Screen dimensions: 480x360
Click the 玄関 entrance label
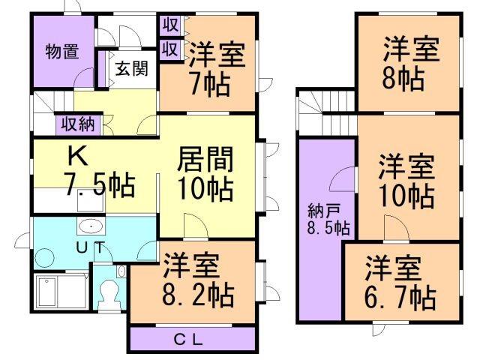coord(132,68)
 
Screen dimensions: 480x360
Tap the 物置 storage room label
coord(62,52)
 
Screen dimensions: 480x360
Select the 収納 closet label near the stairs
coord(78,124)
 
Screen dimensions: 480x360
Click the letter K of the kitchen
coord(77,155)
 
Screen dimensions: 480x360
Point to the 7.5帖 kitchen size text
coord(100,184)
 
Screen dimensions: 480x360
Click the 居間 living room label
coord(205,159)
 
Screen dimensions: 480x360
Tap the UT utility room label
coord(91,247)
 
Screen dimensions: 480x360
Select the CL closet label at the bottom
coord(188,339)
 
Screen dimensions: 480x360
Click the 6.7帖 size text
coord(400,297)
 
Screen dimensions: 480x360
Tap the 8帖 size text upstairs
coord(403,79)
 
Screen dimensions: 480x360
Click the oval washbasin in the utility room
coord(91,226)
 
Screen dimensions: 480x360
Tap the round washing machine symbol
coord(45,258)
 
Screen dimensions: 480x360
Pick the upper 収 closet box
coord(170,25)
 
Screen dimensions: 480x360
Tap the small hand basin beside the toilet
coord(121,271)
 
